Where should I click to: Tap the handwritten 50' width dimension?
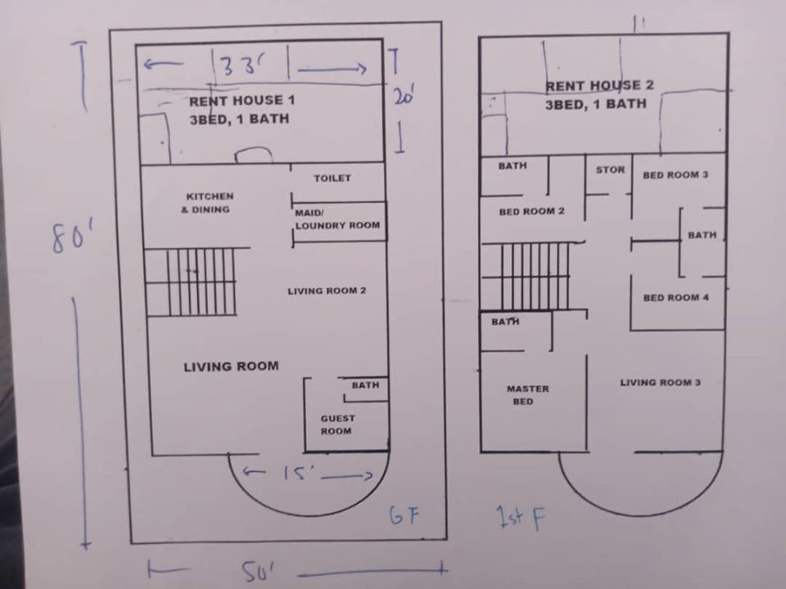[258, 571]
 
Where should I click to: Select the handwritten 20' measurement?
[403, 95]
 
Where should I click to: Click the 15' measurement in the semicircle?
[298, 473]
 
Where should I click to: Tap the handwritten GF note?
[404, 516]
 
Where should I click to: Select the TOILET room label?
[332, 178]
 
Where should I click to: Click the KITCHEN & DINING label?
[209, 202]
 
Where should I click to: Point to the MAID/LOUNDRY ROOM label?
[337, 220]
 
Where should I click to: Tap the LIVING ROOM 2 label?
[327, 291]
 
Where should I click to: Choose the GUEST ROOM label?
[337, 424]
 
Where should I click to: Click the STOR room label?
[610, 170]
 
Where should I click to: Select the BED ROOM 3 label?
[675, 175]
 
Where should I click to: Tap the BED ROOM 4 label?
[675, 297]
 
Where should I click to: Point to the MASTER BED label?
[527, 395]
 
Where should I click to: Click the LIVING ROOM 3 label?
[660, 383]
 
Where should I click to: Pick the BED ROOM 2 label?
[531, 211]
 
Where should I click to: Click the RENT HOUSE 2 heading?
[599, 85]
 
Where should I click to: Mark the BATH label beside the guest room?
[365, 385]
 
